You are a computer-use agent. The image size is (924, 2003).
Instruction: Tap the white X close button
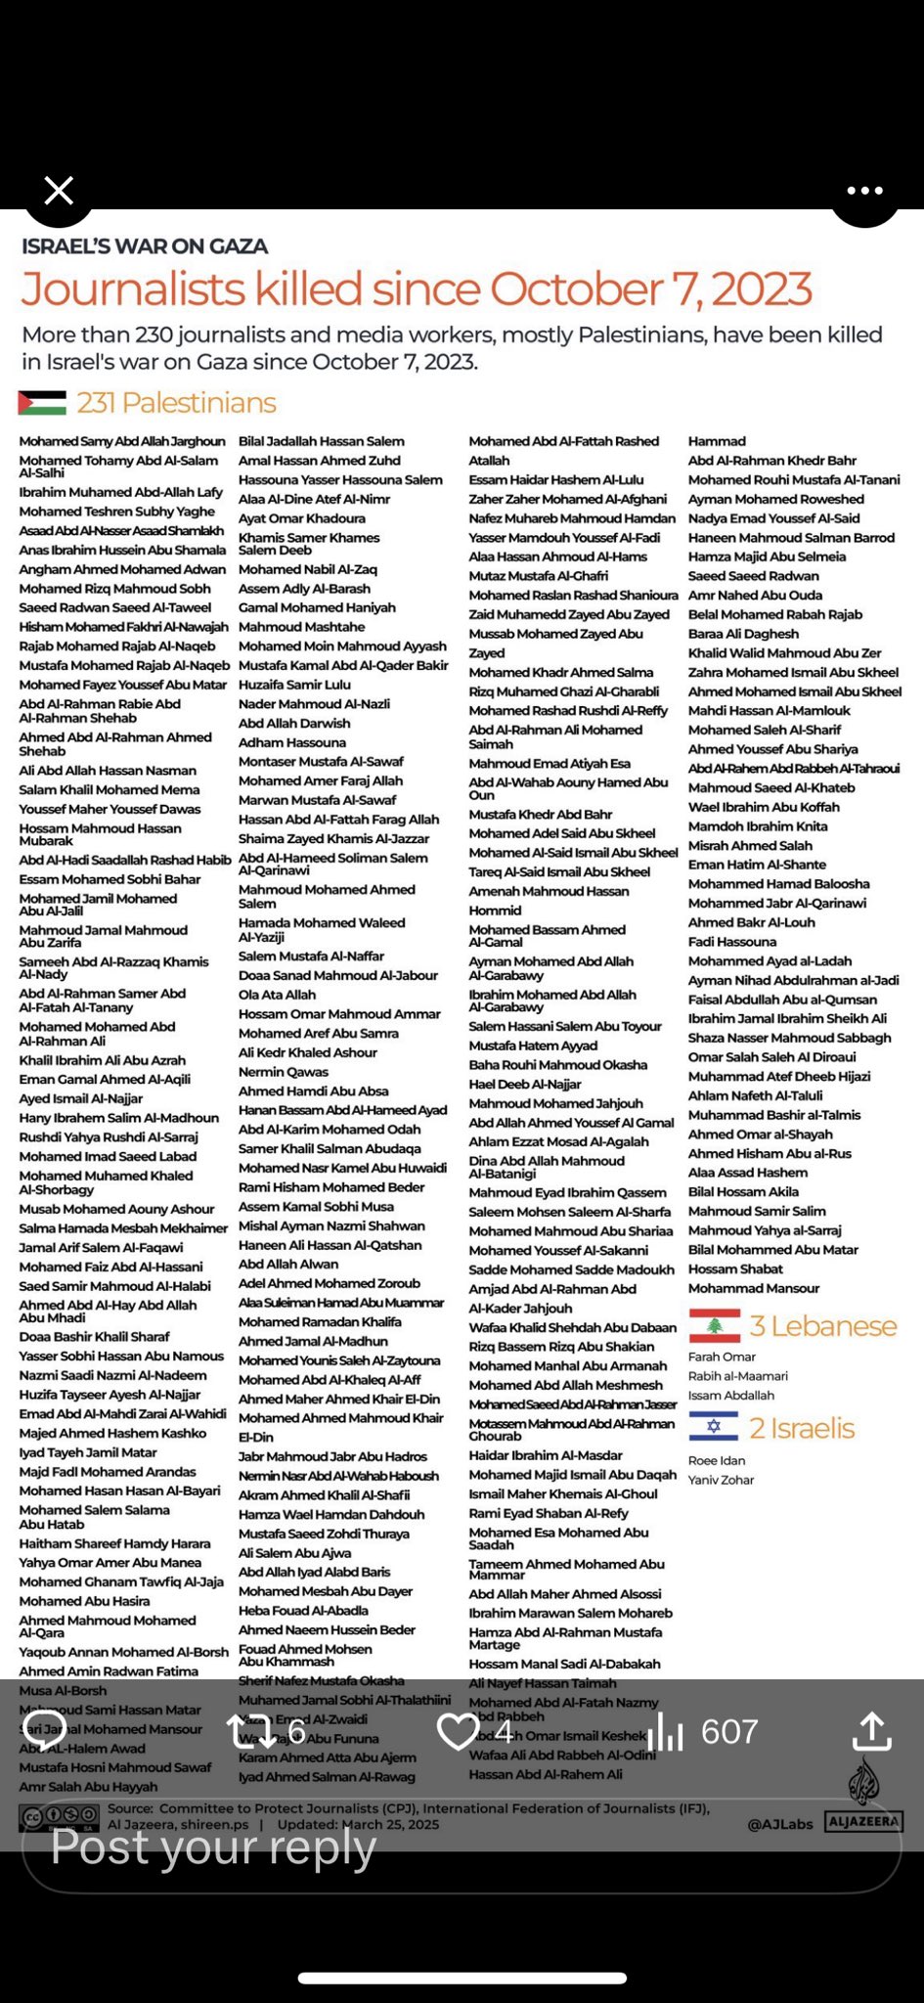pyautogui.click(x=59, y=191)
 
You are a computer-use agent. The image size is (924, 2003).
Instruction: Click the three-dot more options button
pyautogui.click(x=865, y=191)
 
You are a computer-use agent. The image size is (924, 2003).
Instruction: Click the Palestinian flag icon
pyautogui.click(x=42, y=403)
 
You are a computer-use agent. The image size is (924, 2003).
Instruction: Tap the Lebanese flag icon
pyautogui.click(x=714, y=1326)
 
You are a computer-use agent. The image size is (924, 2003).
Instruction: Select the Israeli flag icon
pyautogui.click(x=714, y=1427)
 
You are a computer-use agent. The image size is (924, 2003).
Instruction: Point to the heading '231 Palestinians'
pyautogui.click(x=177, y=403)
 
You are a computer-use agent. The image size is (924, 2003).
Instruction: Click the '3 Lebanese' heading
pyautogui.click(x=822, y=1326)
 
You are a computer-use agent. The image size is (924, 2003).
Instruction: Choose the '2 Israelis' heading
pyautogui.click(x=802, y=1428)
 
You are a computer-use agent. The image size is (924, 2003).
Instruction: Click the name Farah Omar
pyautogui.click(x=722, y=1357)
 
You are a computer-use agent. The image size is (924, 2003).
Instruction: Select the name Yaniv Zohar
pyautogui.click(x=721, y=1480)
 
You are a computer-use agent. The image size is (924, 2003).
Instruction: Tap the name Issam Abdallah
pyautogui.click(x=731, y=1396)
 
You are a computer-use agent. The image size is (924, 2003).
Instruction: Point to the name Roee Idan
pyautogui.click(x=717, y=1460)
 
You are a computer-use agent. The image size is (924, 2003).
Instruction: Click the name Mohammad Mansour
pyautogui.click(x=754, y=1288)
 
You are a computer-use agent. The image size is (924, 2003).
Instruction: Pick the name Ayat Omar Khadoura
pyautogui.click(x=302, y=518)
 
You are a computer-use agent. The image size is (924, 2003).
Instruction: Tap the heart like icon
pyautogui.click(x=458, y=1732)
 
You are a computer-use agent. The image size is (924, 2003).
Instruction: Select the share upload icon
pyautogui.click(x=871, y=1731)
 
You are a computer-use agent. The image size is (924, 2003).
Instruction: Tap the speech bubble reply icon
pyautogui.click(x=44, y=1731)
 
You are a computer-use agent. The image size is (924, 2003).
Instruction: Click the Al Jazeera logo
pyautogui.click(x=863, y=1801)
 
